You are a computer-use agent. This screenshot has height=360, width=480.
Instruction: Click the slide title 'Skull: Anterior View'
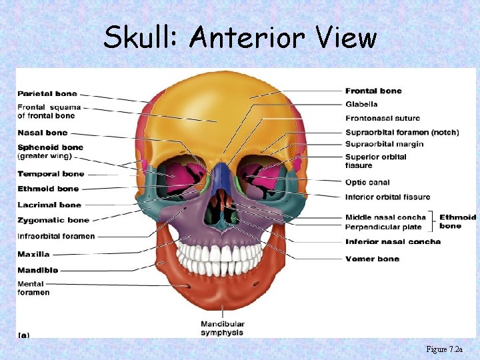[x=239, y=37]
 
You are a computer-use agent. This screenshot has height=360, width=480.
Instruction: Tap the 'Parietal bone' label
[x=47, y=93]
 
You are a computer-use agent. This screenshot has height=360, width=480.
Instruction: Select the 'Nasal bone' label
[x=43, y=133]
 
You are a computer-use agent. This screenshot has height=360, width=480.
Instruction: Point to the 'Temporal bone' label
[x=51, y=174]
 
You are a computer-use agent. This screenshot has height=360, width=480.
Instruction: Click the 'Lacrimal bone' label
[x=49, y=205]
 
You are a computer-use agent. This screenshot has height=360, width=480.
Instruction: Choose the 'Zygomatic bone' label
[x=53, y=220]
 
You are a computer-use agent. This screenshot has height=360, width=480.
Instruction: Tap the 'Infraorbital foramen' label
[x=56, y=236]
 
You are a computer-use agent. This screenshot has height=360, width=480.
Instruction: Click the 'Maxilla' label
[x=33, y=254]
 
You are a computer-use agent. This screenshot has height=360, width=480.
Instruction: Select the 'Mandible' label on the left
[x=37, y=270]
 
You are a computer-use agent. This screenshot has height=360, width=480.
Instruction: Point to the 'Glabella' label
[x=361, y=104]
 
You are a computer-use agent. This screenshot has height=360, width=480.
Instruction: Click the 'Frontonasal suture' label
[x=383, y=117]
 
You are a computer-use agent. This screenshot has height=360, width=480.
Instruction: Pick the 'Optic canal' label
[x=367, y=183]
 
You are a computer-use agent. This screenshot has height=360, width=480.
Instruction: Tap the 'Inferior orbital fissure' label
[x=387, y=197]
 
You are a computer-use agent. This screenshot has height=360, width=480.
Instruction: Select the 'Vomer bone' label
[x=372, y=259]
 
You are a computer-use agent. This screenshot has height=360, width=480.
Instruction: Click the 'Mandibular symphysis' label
[x=222, y=328]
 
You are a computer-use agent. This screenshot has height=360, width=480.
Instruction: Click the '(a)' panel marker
[x=23, y=334]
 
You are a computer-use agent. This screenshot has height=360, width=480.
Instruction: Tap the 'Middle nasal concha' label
[x=385, y=217]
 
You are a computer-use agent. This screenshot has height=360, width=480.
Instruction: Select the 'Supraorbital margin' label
[x=384, y=144]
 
